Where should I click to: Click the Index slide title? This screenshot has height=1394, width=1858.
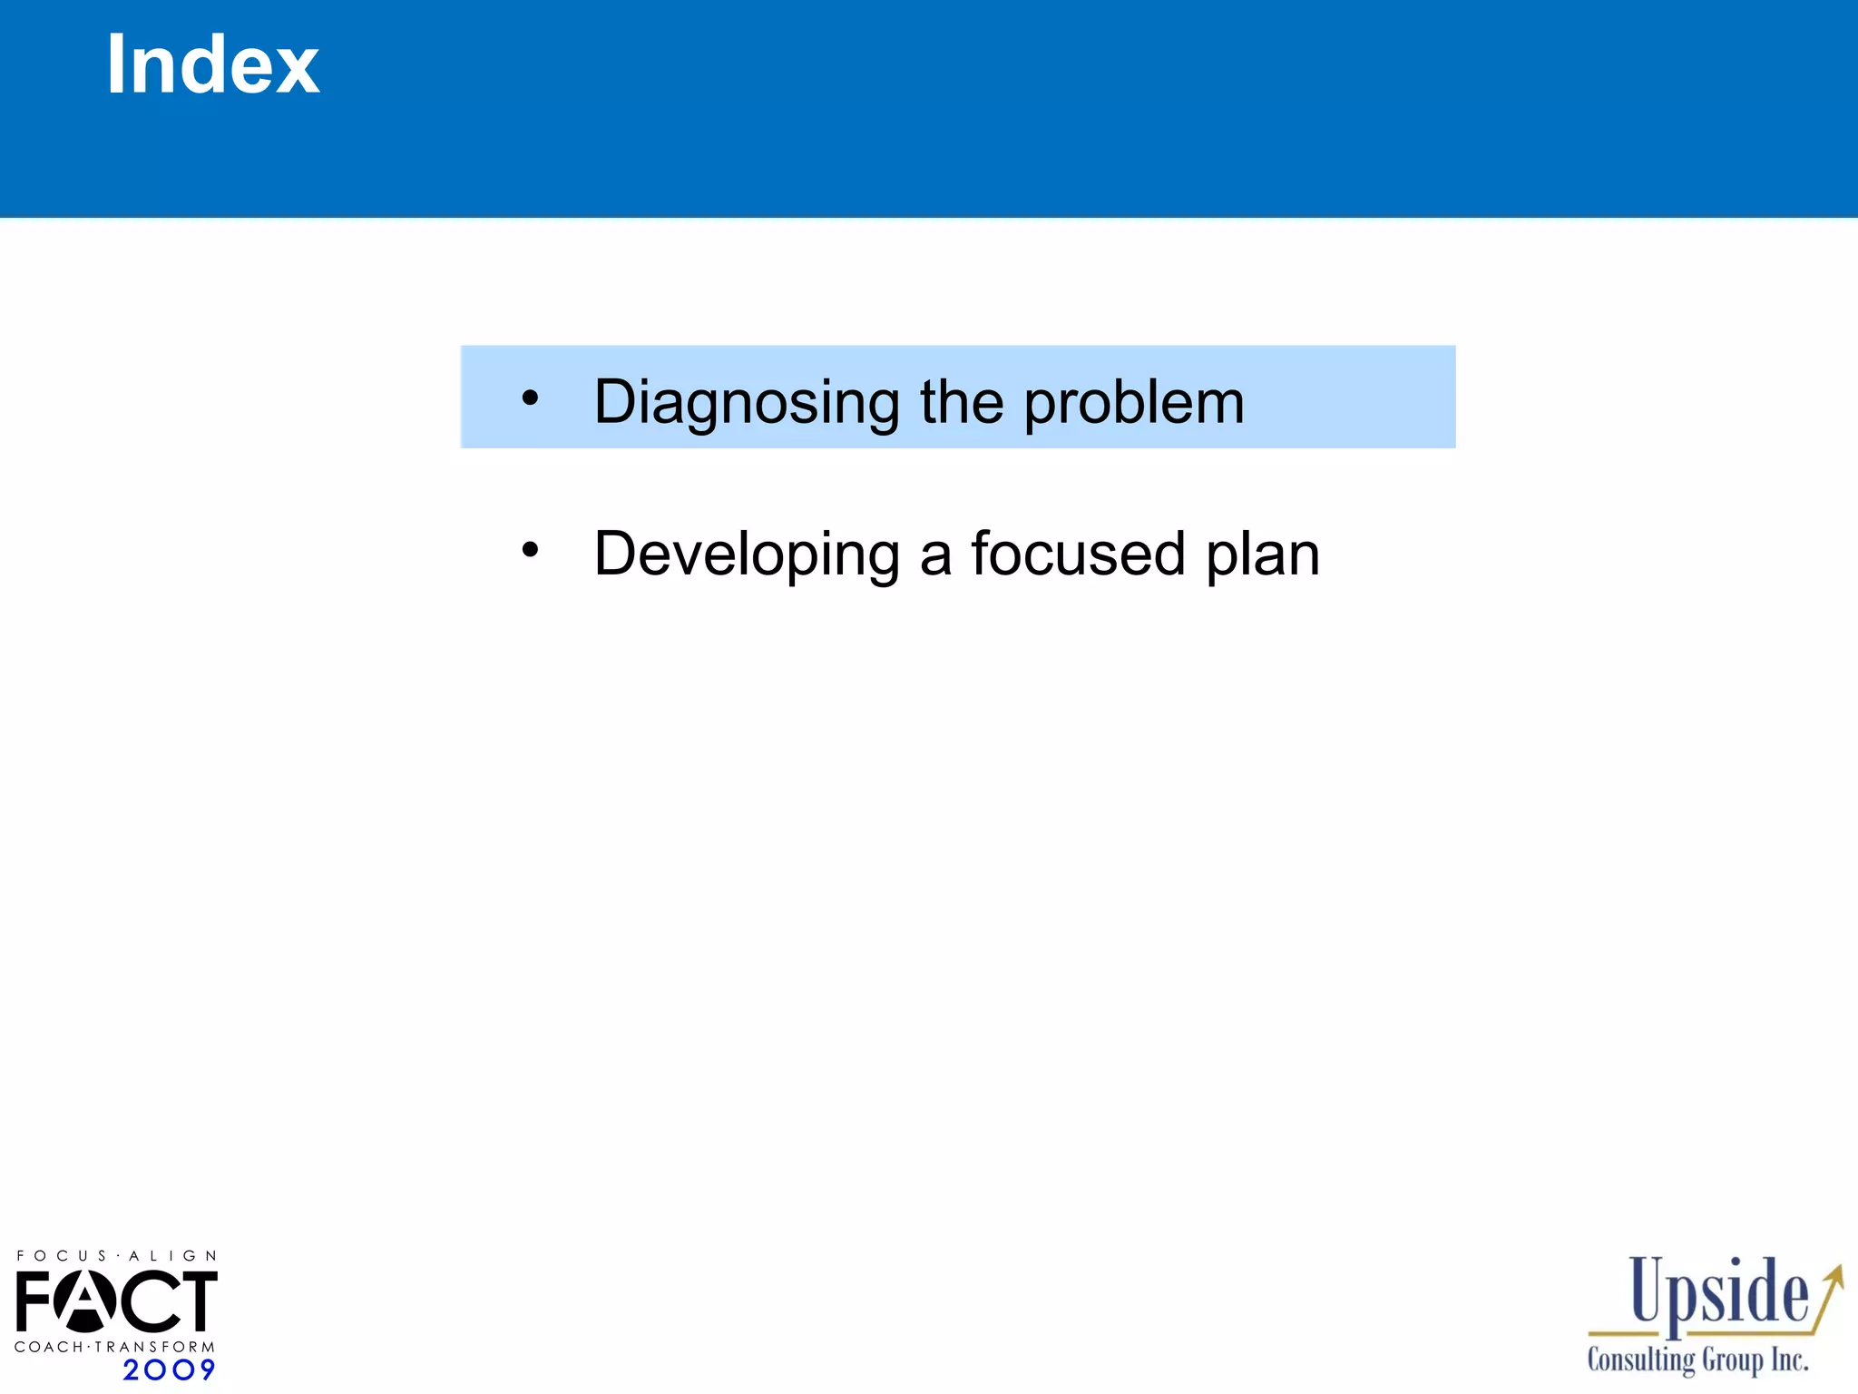coord(212,64)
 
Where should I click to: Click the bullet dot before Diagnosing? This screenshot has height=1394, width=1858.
coord(531,398)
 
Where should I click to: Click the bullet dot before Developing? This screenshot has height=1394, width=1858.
coord(531,549)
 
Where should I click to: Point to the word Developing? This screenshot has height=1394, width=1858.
coord(746,555)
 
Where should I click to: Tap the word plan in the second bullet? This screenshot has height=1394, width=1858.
coord(1262,555)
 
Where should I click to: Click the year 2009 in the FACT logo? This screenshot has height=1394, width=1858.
coord(169,1369)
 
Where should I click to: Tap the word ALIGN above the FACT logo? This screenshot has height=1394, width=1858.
coord(172,1256)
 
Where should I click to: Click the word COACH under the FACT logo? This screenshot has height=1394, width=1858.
coord(48,1347)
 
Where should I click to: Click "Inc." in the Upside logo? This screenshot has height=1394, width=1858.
coord(1789,1360)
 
